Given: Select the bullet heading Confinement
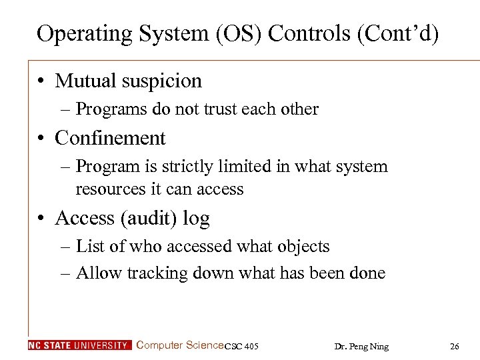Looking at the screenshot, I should pos(110,138).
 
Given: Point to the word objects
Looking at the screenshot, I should pos(304,247).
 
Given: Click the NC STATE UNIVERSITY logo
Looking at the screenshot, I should pos(80,345).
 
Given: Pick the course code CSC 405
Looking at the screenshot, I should pos(242,346).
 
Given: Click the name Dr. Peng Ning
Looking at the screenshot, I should pos(360,346).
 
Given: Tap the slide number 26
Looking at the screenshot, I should pos(455,346).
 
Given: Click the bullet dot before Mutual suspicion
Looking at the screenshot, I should pos(42,81).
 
